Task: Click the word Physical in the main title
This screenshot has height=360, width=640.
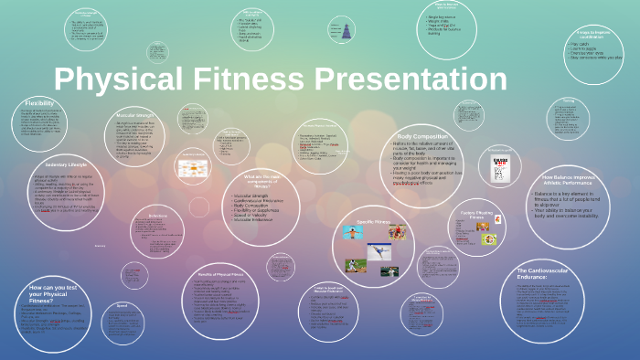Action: pos(109,79)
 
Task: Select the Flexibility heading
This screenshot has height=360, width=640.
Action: pos(39,103)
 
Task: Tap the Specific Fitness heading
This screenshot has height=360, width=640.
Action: pos(373,222)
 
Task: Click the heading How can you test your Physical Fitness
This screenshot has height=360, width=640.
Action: pos(50,294)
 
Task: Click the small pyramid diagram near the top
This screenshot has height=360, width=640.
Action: pos(347,31)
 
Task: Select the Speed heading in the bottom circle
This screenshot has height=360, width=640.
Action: pos(121,306)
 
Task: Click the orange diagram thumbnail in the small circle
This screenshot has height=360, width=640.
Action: pos(192,169)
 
